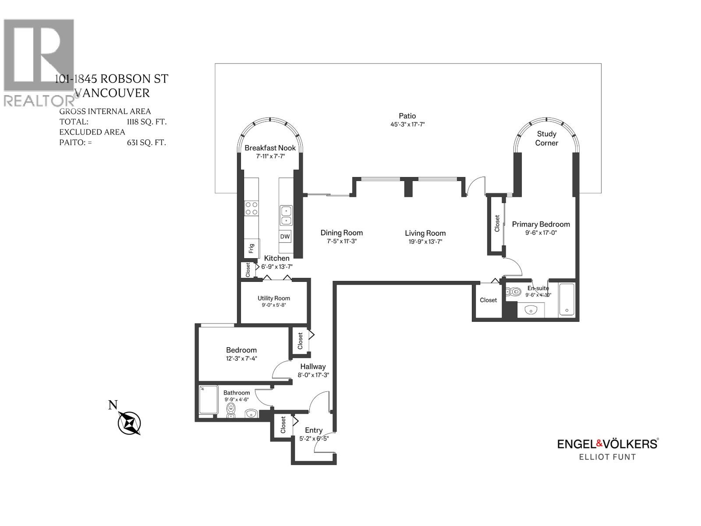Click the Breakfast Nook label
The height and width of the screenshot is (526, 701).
point(270,148)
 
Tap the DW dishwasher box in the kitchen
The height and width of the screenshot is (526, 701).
point(285,236)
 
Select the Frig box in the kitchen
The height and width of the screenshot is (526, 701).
point(251,249)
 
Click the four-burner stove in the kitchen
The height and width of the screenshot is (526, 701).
point(251,208)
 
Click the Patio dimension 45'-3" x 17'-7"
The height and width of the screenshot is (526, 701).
point(407,124)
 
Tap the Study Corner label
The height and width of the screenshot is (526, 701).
point(546,139)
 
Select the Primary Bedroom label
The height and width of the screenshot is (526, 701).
point(541,224)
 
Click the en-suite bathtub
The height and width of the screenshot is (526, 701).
point(566,300)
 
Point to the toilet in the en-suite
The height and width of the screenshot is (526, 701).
point(513,291)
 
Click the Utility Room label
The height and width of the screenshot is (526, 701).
point(273,299)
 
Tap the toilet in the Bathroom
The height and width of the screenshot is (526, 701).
point(230,409)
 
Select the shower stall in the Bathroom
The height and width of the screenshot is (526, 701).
point(209,400)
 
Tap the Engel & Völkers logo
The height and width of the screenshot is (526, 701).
point(607,444)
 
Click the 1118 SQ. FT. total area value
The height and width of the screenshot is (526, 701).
point(146,122)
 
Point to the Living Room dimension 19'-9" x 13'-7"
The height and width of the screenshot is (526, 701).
point(425,242)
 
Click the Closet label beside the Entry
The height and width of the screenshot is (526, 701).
point(283,425)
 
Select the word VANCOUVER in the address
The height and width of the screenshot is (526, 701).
point(112,93)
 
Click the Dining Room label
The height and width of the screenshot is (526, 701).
point(341,233)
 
